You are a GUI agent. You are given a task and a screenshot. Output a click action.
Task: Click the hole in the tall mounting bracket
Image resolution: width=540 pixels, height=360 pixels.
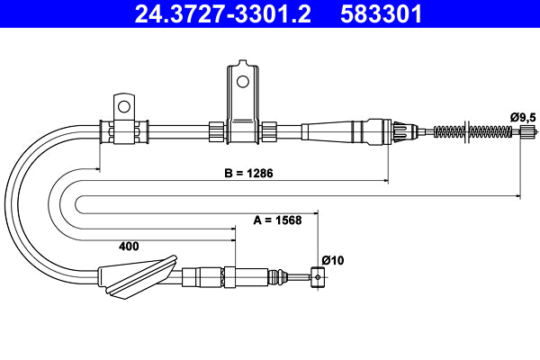[241, 81]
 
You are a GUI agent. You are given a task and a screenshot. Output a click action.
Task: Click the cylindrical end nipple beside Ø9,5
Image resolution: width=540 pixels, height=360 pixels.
[529, 131]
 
